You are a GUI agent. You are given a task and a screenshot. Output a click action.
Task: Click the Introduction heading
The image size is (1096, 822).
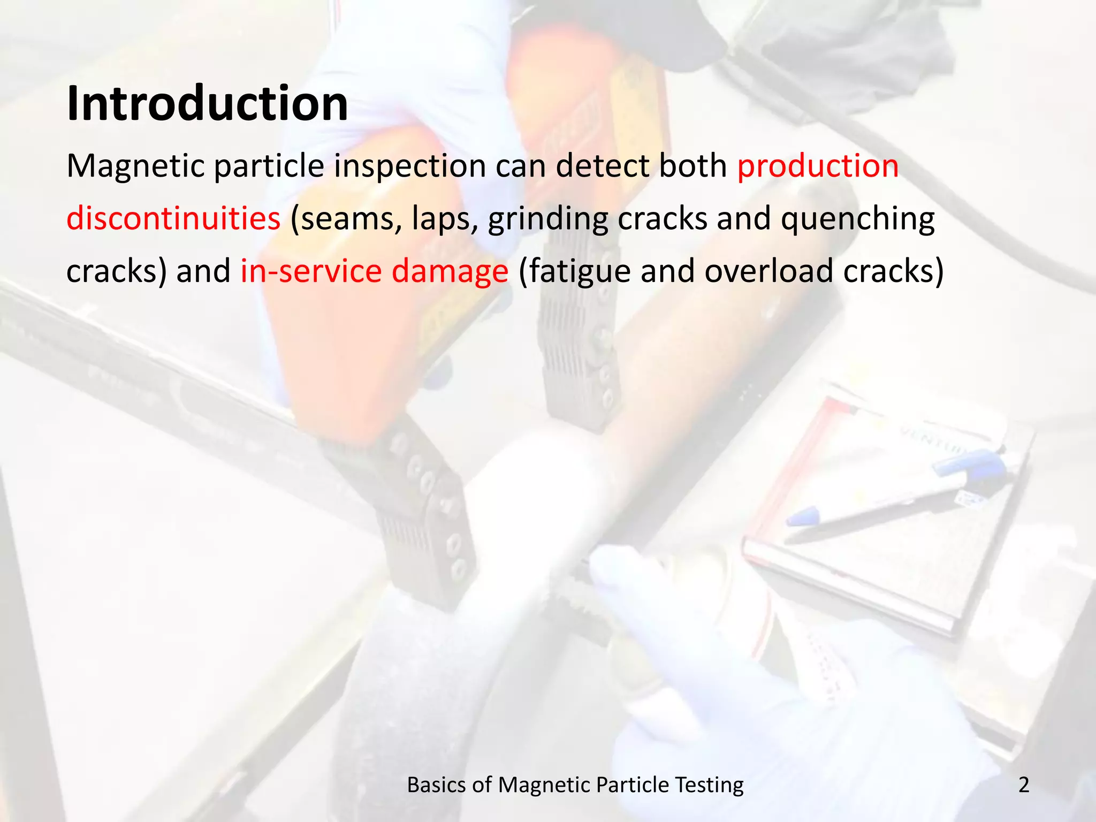tap(207, 103)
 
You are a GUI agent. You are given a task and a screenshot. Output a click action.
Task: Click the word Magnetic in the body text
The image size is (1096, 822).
tap(135, 166)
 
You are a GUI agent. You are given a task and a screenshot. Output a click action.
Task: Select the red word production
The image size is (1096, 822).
tap(818, 166)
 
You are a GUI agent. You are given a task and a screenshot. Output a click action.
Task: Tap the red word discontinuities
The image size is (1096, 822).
tap(173, 218)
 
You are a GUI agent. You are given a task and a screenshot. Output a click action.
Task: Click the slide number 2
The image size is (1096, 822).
tap(1023, 785)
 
